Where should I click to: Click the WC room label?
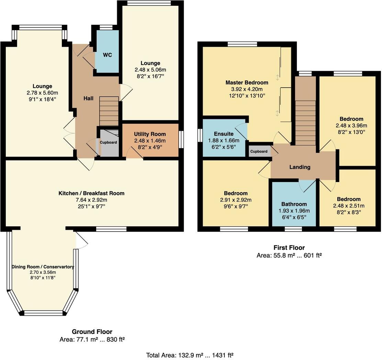pos(108,55)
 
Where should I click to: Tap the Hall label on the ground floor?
pos(88,98)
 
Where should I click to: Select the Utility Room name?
pos(150,134)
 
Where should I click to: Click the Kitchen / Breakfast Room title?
pos(91,193)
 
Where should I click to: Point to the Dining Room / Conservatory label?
pos(43,267)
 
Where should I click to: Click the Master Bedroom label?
pos(247,82)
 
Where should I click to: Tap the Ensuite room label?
pos(224,134)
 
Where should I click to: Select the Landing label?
pos(300,167)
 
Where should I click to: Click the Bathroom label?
pos(294,204)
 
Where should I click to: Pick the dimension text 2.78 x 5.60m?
pos(42,93)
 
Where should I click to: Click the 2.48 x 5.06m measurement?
pos(150,70)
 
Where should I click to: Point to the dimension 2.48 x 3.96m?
pos(351,126)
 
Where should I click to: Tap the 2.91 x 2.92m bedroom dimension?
pos(236,200)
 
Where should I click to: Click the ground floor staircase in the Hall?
pos(109,111)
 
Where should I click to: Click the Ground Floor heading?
pos(92,332)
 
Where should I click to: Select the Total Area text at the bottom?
pos(190,356)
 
